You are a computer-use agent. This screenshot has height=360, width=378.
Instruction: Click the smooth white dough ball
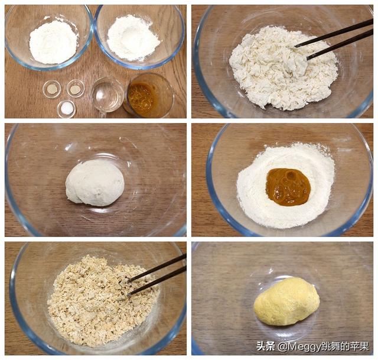point(94,183)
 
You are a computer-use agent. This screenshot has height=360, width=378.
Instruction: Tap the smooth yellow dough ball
point(286,301)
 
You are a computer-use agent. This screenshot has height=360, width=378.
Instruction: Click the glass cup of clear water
point(107,95)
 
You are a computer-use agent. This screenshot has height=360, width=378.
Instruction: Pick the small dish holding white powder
point(67,108)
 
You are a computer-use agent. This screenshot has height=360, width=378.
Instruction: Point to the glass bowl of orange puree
point(148,96)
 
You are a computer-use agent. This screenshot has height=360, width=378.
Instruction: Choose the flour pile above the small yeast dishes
point(53,41)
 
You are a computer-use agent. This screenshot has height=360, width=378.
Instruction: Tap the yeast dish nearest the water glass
point(75,89)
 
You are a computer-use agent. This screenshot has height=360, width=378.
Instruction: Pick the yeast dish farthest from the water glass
point(52,89)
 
